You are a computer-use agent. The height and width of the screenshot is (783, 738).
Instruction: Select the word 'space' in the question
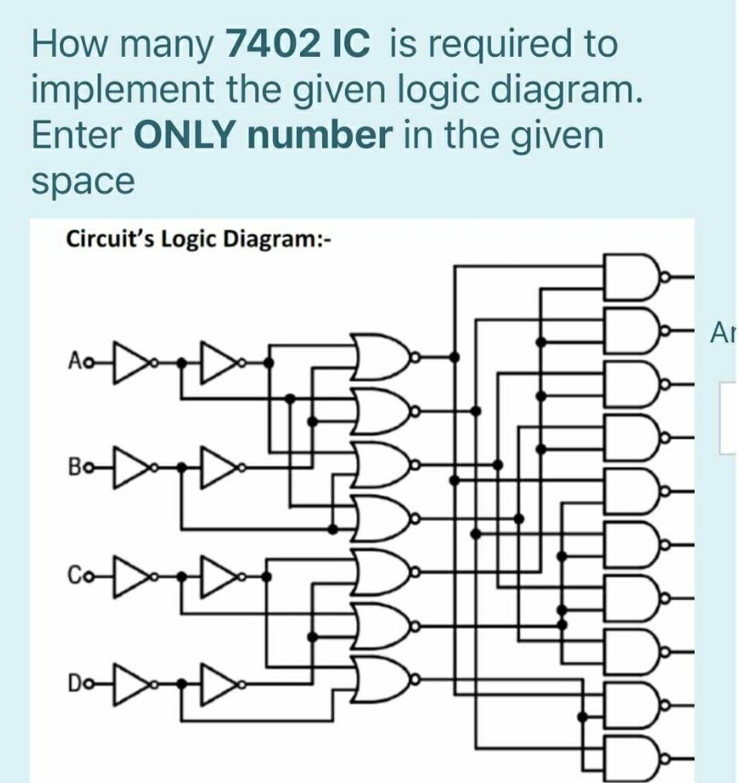[83, 183]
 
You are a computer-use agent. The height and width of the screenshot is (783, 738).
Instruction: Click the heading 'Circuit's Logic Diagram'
[197, 238]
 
